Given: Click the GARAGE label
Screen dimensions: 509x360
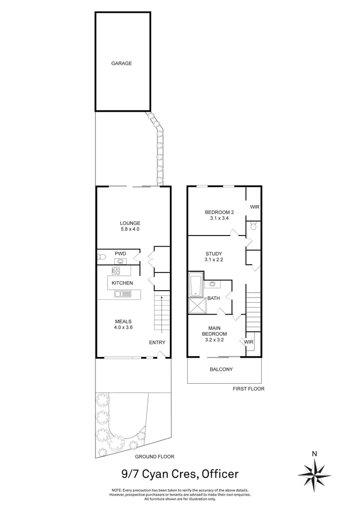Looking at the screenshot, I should click(x=121, y=63).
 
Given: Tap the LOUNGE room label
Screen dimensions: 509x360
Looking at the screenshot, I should click(x=130, y=223).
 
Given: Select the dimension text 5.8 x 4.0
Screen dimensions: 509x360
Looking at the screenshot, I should click(x=130, y=230).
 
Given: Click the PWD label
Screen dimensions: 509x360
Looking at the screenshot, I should click(x=120, y=254).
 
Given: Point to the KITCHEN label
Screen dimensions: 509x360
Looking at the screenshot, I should click(x=122, y=283).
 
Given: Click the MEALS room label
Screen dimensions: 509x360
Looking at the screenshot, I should click(x=123, y=321).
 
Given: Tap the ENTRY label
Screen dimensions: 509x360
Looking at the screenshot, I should click(x=157, y=342).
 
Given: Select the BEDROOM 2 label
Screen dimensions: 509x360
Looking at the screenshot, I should click(x=219, y=213).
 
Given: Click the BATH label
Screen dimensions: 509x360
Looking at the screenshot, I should click(x=214, y=298).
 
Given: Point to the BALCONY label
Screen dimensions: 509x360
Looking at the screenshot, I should click(x=221, y=369).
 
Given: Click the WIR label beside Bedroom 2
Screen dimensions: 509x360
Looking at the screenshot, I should click(x=254, y=207).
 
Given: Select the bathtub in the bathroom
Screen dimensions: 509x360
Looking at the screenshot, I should click(x=196, y=285).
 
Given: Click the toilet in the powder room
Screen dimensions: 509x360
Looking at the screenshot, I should click(x=101, y=257).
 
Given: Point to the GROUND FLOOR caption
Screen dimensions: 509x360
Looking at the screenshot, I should click(x=155, y=457).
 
